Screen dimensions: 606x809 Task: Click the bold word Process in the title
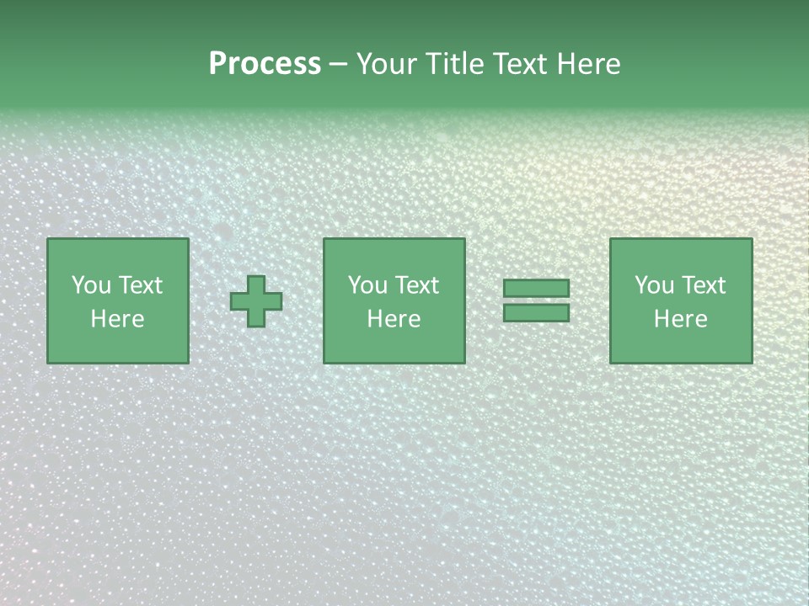265,64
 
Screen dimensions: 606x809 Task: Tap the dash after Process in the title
339,65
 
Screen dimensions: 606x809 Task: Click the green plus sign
256,301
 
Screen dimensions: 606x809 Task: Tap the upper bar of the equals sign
536,288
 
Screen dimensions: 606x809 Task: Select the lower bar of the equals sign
536,312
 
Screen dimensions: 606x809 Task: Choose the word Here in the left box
117,319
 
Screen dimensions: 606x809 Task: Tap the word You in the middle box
367,285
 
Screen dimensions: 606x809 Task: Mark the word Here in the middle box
394,319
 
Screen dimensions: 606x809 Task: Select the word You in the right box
654,285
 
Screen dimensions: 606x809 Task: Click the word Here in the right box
680,319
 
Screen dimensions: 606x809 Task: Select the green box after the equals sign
681,345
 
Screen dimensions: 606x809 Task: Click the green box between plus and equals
394,345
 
